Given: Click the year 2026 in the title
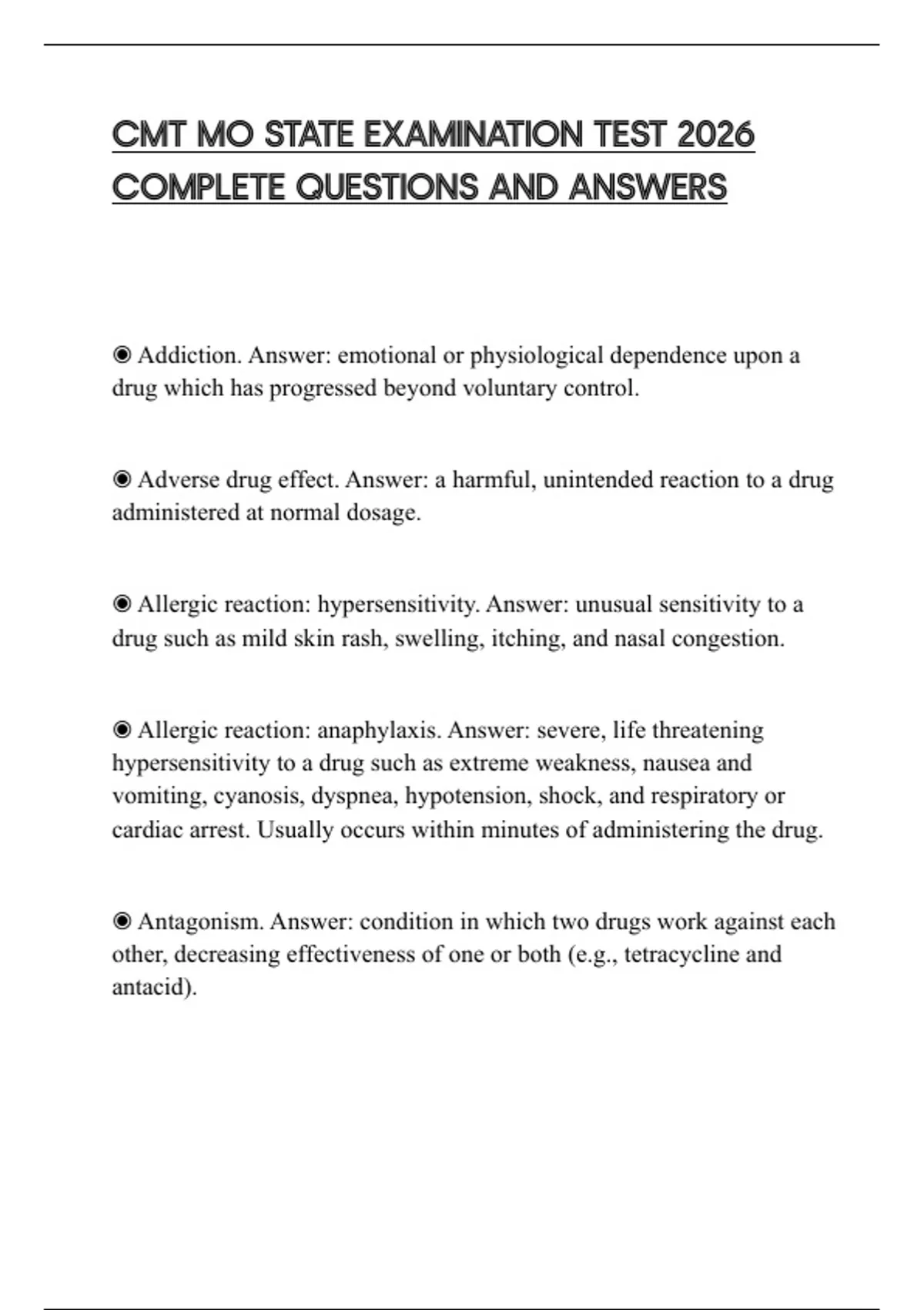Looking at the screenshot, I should click(x=715, y=135).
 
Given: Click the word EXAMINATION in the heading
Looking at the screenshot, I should click(x=474, y=135).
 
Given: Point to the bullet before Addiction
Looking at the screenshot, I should click(x=122, y=355).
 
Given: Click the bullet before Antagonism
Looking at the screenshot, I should click(x=122, y=921).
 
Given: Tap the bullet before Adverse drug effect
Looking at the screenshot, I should click(x=122, y=480).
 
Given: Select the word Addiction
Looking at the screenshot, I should click(x=189, y=355).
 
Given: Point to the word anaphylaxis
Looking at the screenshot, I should click(x=378, y=730).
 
